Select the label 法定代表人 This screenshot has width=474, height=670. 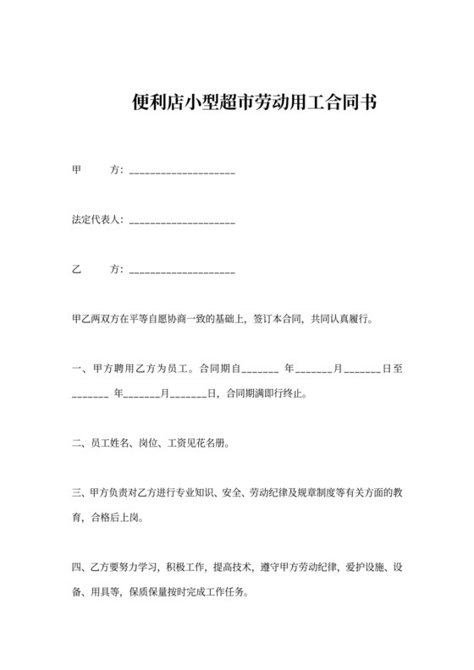97,220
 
